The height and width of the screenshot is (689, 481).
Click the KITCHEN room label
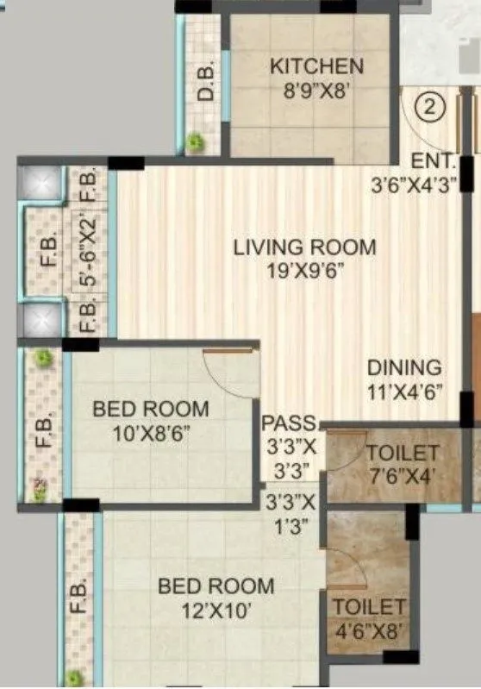point(316,66)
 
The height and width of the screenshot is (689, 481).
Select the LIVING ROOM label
point(305,247)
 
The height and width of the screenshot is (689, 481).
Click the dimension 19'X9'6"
point(305,271)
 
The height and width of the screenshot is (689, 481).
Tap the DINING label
point(403,367)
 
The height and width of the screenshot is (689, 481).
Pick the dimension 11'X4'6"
point(403,391)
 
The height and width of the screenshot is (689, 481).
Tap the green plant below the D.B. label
point(197,138)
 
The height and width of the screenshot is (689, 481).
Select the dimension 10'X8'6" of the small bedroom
point(151,432)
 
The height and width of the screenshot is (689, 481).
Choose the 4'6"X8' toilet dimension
point(369,630)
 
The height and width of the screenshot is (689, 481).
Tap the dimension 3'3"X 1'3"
point(290,512)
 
